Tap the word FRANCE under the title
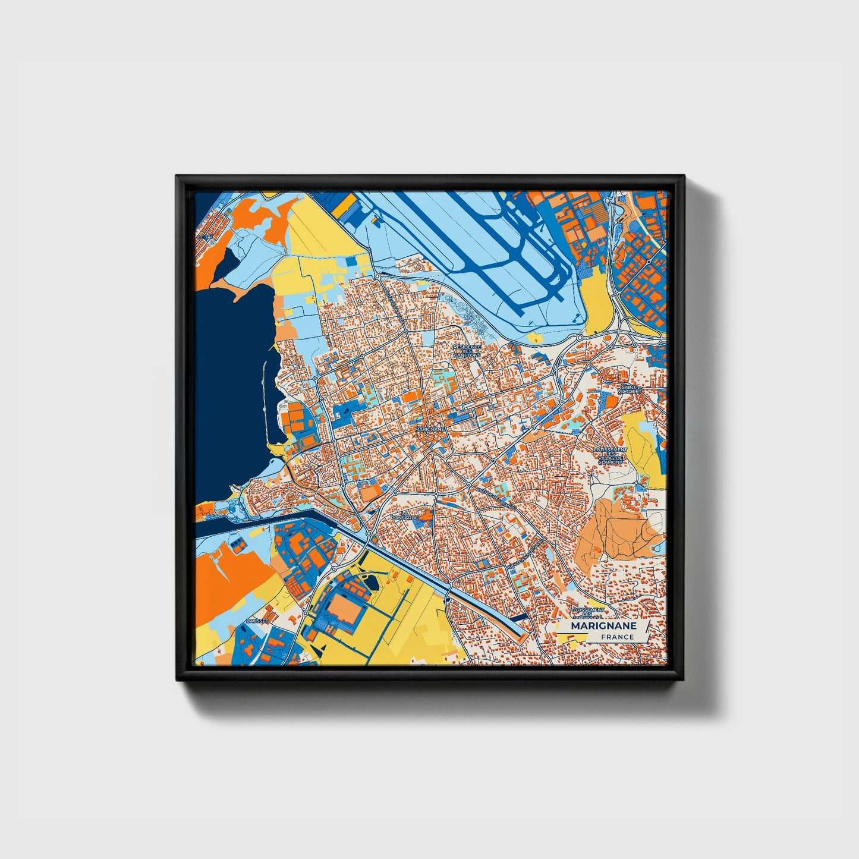pyautogui.click(x=616, y=637)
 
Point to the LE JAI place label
pyautogui.click(x=204, y=237)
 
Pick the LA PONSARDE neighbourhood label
pyautogui.click(x=410, y=515)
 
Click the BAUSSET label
pyautogui.click(x=257, y=621)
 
